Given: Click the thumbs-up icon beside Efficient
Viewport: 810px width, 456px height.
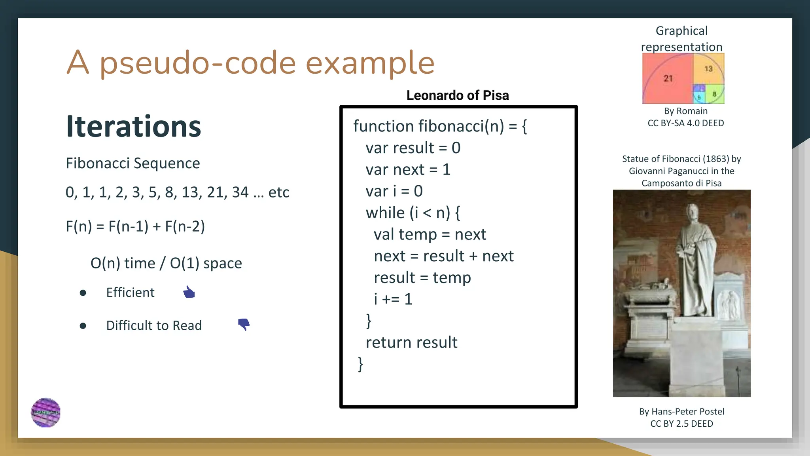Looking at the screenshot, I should click(x=189, y=292).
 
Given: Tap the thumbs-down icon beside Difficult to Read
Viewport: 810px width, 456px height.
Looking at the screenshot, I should click(x=244, y=324).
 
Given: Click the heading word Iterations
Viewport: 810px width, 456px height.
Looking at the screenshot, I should click(x=134, y=127).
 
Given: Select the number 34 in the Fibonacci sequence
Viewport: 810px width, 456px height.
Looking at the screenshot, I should click(x=240, y=192).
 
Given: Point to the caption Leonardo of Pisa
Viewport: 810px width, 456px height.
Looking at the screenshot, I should click(x=458, y=95).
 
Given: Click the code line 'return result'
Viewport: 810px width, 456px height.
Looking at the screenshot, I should click(x=411, y=342).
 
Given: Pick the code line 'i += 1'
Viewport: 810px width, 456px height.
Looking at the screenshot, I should click(x=393, y=299).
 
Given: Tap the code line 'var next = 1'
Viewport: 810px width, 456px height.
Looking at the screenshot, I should click(x=408, y=170).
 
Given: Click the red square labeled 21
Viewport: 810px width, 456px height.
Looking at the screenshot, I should click(x=668, y=78).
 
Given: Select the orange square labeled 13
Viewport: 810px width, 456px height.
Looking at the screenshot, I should click(x=708, y=68).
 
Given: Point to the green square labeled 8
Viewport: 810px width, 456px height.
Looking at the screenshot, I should click(x=714, y=94).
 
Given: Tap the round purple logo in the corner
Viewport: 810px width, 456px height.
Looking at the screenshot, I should click(x=46, y=412).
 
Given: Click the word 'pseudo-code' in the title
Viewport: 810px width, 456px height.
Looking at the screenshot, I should click(x=198, y=63).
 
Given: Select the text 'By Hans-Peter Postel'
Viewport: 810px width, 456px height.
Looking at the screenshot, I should click(x=681, y=412).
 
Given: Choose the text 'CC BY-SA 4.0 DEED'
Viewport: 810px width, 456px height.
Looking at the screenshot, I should click(x=685, y=123).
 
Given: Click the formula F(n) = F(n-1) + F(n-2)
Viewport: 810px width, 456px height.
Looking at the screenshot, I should click(x=135, y=226).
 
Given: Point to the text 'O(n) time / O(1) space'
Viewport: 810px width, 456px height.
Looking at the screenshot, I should click(x=166, y=263).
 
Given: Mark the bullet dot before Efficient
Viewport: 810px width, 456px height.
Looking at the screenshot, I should click(x=83, y=293).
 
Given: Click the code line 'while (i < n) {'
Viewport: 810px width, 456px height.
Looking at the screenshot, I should click(x=413, y=213).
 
